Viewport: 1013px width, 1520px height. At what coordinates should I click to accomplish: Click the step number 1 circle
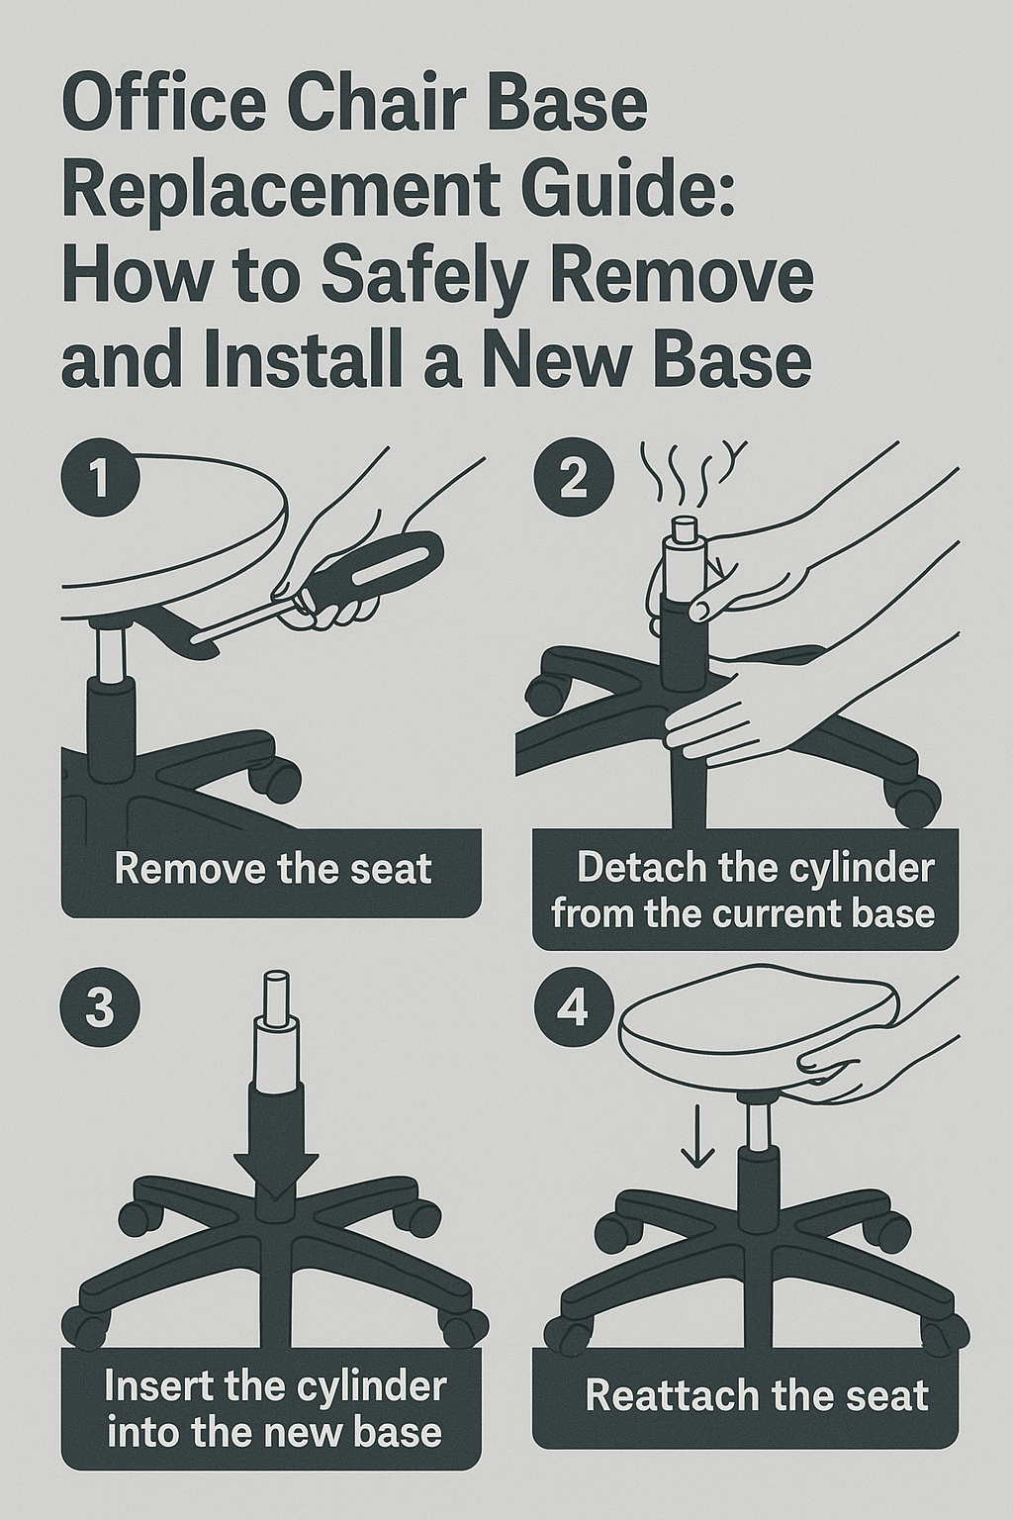99,479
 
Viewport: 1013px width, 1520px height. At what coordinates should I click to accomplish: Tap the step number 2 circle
573,479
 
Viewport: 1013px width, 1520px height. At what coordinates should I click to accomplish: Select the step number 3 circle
99,1011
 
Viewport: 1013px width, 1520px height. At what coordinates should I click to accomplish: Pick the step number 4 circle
573,1009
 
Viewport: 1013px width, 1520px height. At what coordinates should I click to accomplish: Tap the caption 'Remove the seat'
273,869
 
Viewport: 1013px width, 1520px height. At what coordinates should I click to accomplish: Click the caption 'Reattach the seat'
757,1396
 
